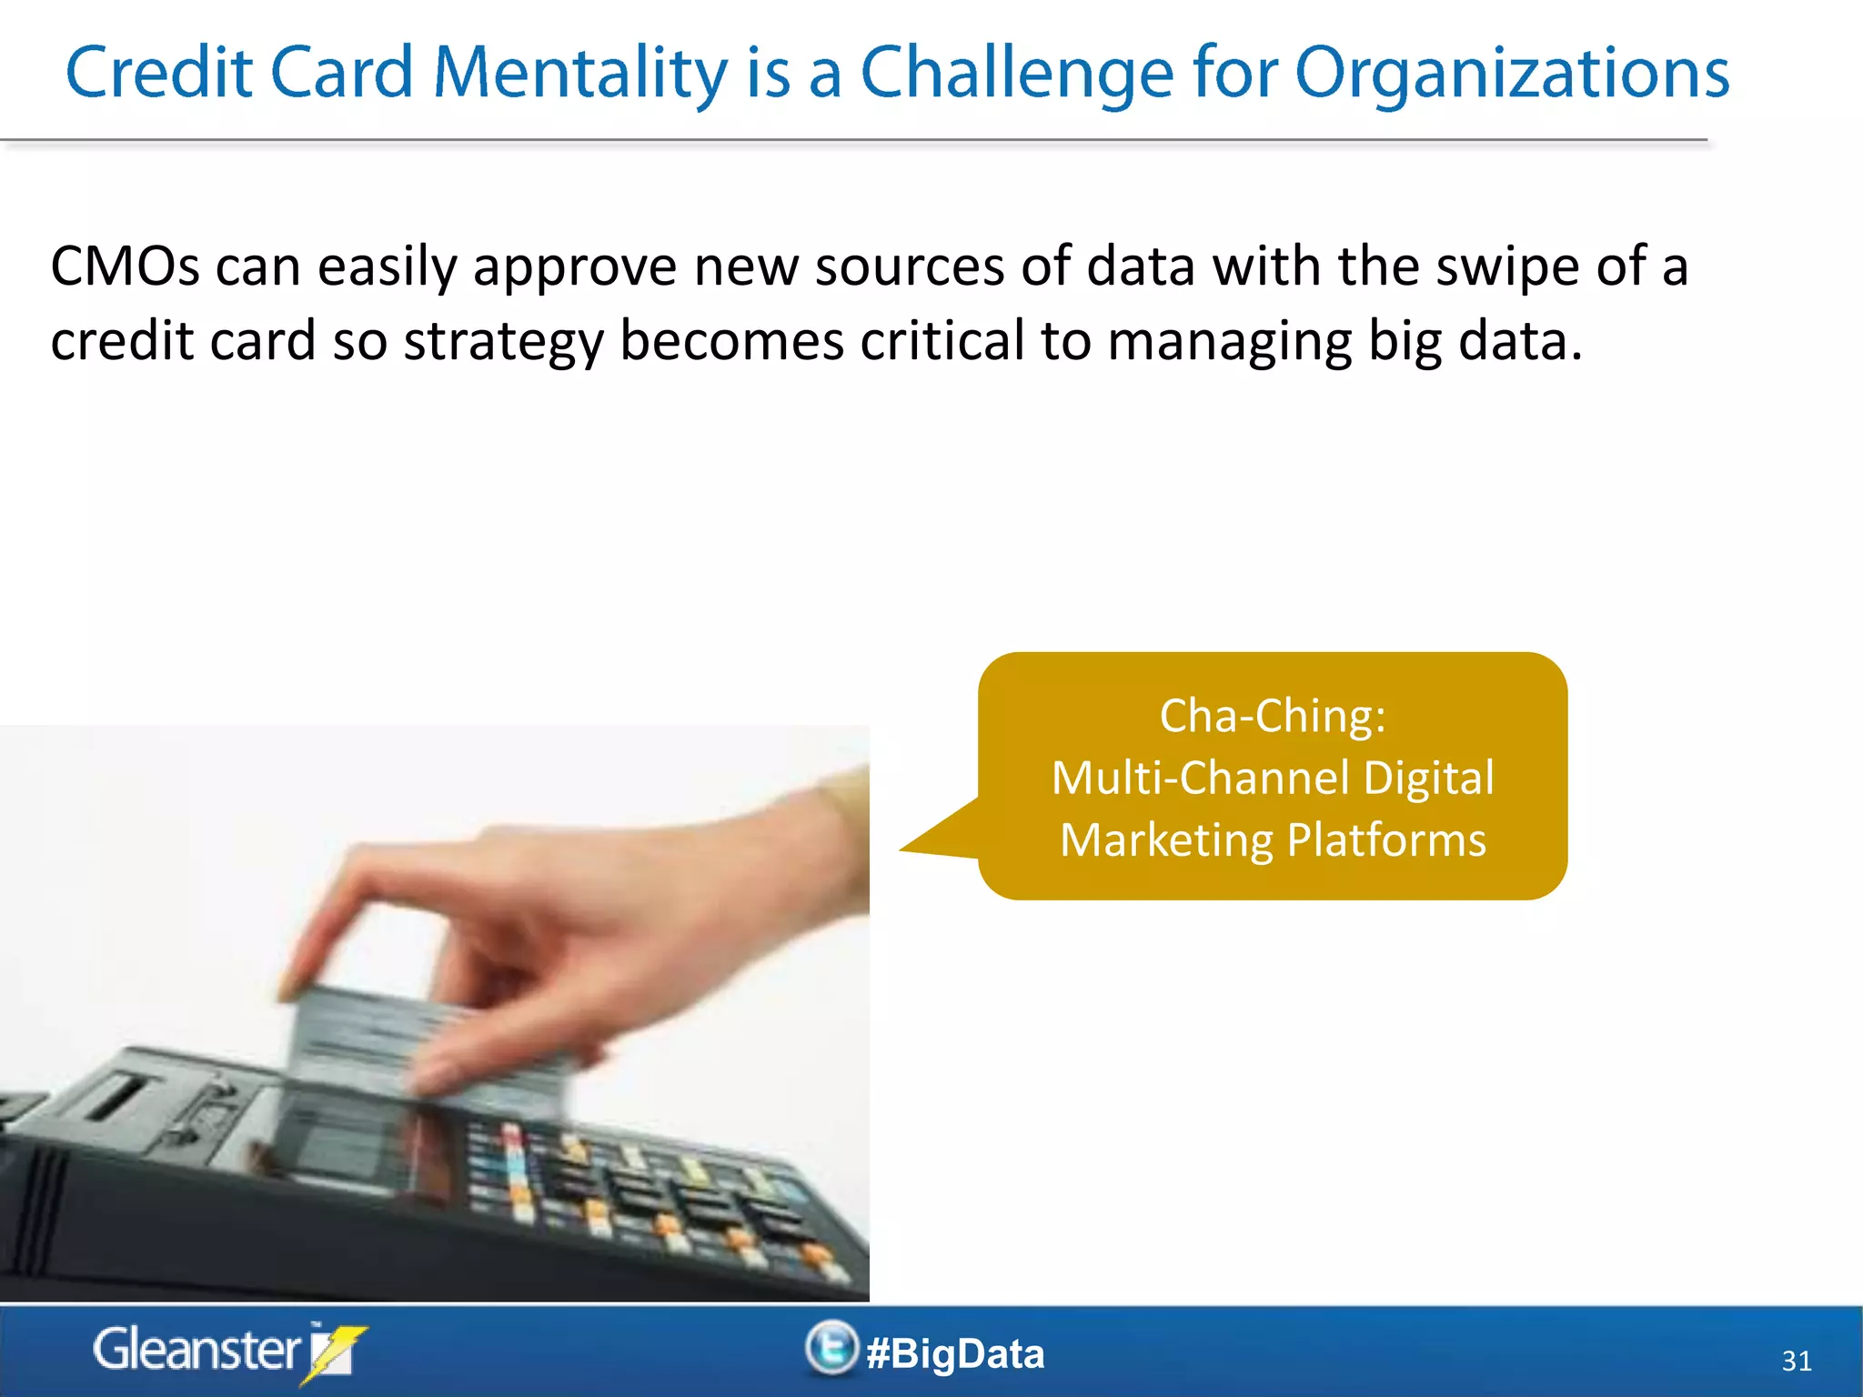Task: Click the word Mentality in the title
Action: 579,73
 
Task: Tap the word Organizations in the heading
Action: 1511,73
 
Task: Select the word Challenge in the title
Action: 1017,73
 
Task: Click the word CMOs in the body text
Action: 125,266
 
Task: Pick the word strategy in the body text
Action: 503,342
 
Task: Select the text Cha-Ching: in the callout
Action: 1273,716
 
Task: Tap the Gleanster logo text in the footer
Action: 196,1350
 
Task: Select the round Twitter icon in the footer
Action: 831,1347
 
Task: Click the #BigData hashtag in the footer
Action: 955,1353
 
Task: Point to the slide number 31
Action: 1796,1361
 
